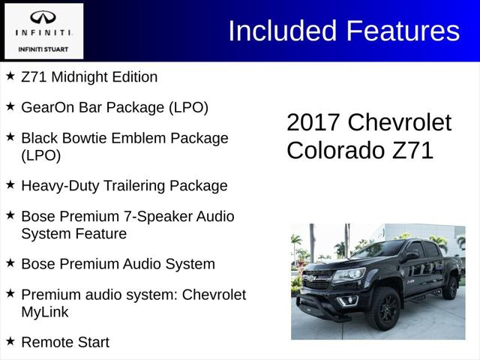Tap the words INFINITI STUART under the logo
43,49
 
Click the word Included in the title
283,31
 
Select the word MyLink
46,311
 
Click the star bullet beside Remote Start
10,340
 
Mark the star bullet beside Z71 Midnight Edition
10,75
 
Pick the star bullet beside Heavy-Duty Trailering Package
10,184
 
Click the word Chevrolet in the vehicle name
400,122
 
